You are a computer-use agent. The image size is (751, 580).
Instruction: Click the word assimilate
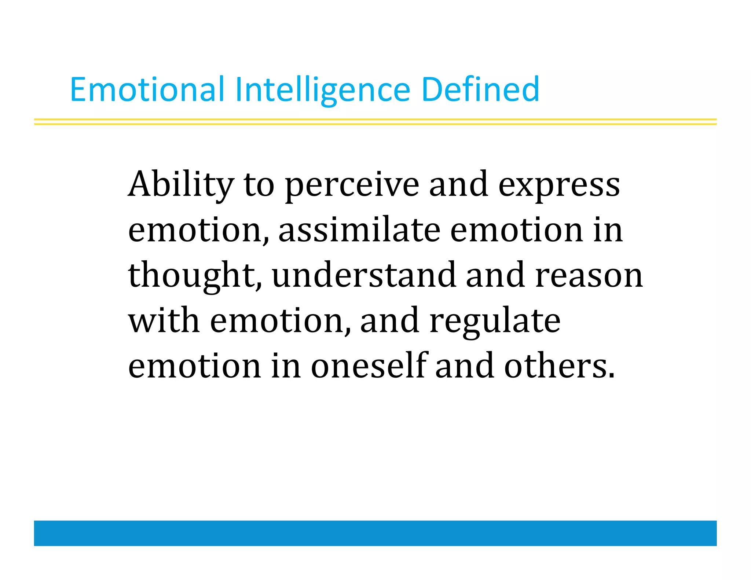click(x=359, y=230)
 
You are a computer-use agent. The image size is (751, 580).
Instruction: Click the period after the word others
click(x=611, y=376)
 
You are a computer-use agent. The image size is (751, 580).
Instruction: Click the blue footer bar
click(x=375, y=533)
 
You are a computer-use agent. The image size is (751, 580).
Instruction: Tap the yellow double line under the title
click(x=375, y=122)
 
